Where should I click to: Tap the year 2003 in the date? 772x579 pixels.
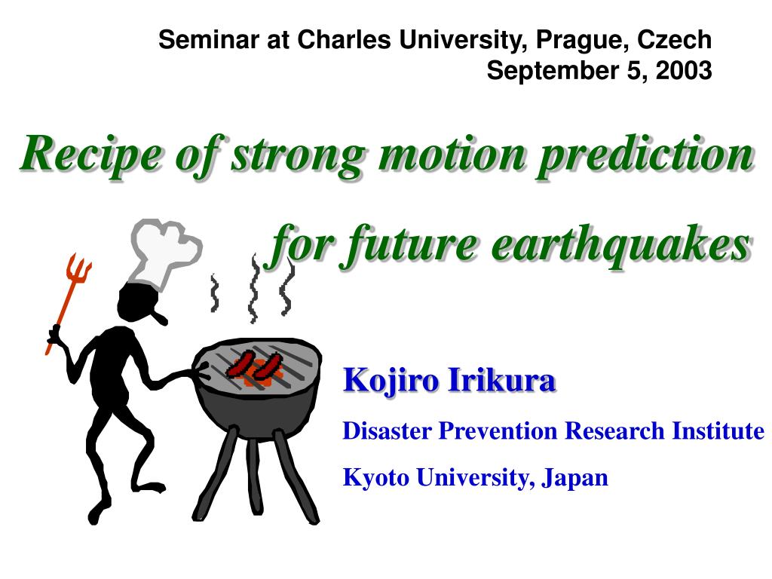coord(684,70)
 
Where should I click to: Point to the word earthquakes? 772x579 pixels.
coord(621,244)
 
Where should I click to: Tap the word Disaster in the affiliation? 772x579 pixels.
coord(387,430)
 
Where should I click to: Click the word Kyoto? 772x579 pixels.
coord(375,477)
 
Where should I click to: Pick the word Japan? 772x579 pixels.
coord(574,477)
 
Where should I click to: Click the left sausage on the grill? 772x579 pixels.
coord(240,363)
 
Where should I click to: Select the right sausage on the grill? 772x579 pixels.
coord(268,366)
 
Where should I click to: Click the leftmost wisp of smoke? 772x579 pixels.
coord(215,293)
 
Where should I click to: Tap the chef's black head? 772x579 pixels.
coord(139,304)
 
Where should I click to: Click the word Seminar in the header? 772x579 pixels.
coord(209,40)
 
